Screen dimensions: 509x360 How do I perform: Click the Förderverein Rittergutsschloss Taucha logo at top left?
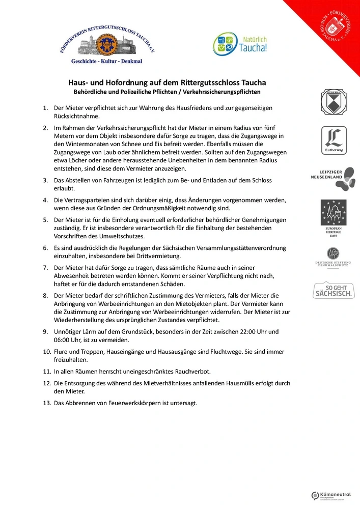pos(106,43)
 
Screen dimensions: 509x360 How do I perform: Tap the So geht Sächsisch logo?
pos(334,291)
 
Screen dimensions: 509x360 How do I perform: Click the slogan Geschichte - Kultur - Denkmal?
pos(106,61)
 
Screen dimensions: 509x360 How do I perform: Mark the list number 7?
pos(45,267)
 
